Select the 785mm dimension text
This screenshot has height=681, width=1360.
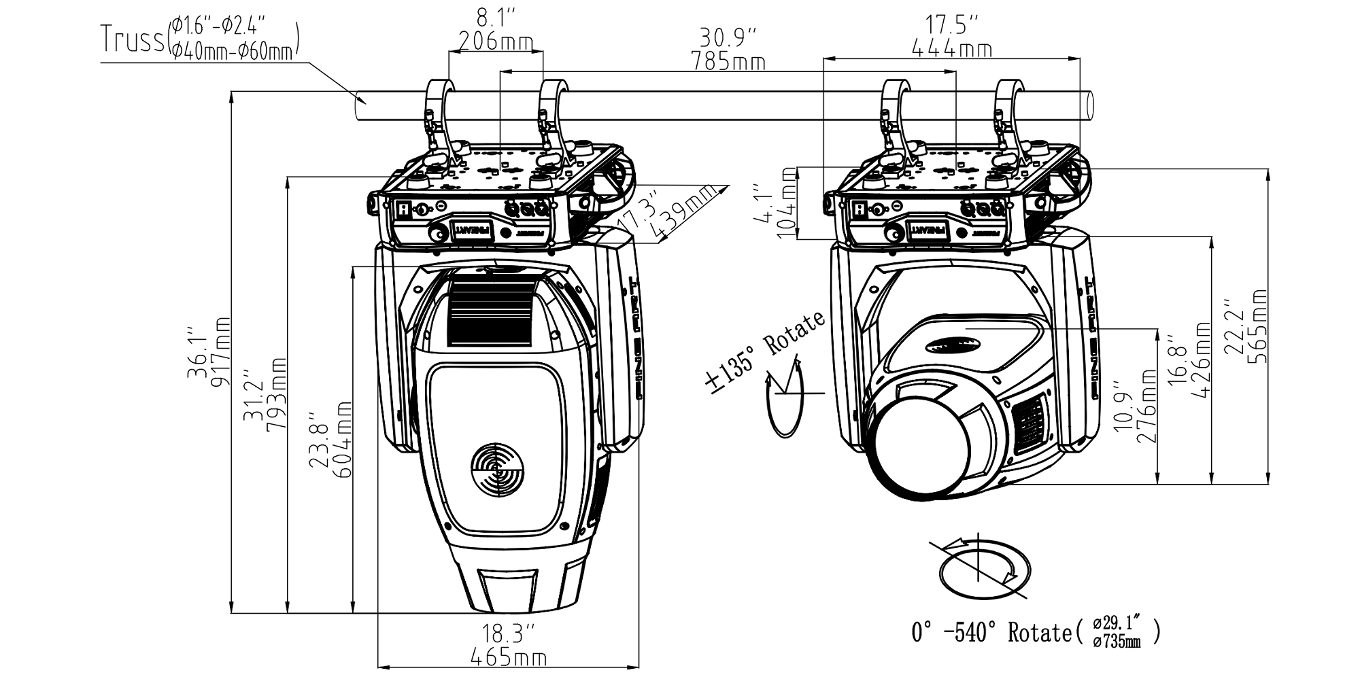point(728,63)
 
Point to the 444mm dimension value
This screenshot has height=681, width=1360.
point(951,49)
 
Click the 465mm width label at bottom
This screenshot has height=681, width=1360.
point(509,658)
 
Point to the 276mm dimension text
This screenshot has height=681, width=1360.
point(1146,406)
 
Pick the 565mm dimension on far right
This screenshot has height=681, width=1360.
point(1257,327)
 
